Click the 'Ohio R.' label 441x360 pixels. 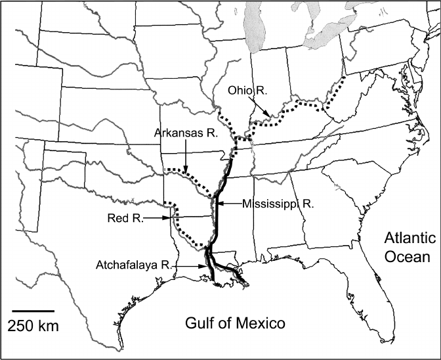(246, 92)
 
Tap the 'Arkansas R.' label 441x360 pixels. (186, 133)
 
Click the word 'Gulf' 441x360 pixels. (196, 323)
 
